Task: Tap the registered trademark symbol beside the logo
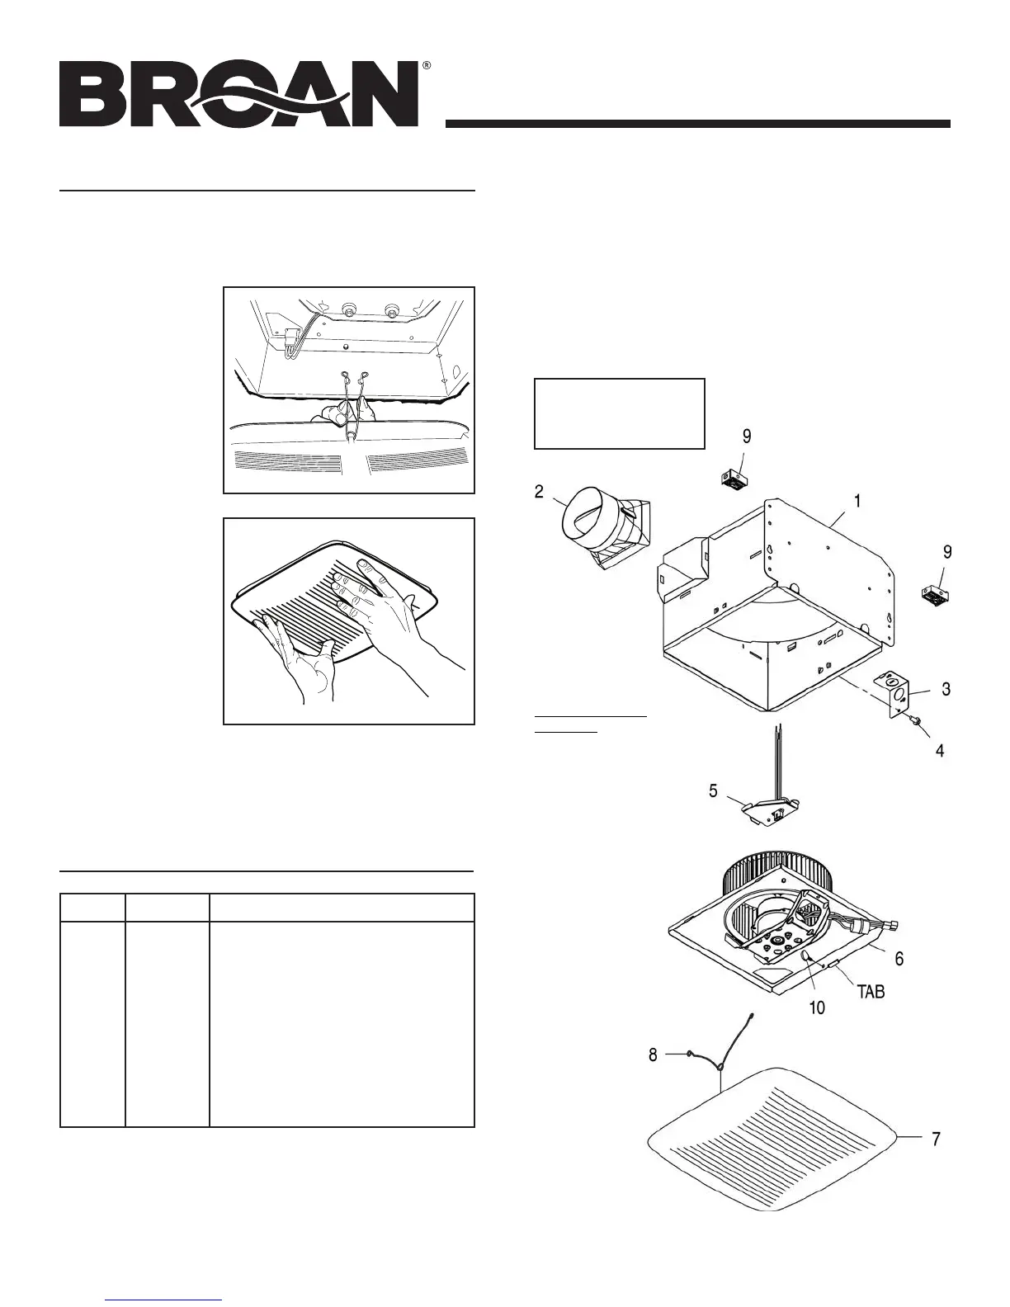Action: click(x=426, y=64)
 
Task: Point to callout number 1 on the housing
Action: click(x=857, y=501)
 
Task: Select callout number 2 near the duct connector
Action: click(x=539, y=493)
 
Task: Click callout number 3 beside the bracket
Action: click(x=946, y=689)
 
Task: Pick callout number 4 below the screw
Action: click(x=939, y=751)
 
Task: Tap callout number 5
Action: click(x=713, y=791)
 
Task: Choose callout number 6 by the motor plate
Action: click(x=899, y=959)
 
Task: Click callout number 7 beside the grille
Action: click(x=936, y=1139)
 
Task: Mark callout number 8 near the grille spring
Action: click(x=653, y=1055)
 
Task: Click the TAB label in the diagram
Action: click(x=871, y=992)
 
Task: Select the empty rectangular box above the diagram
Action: click(x=620, y=413)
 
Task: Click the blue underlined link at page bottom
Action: click(x=164, y=1300)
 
